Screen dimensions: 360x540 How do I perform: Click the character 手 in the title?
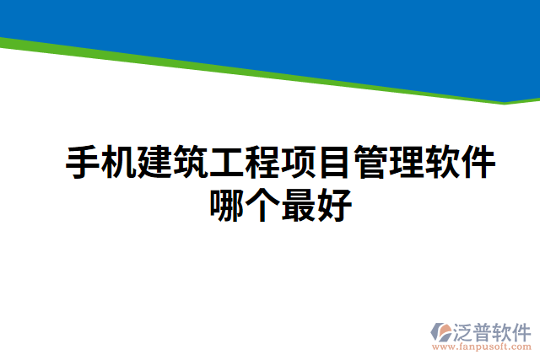pyautogui.click(x=83, y=163)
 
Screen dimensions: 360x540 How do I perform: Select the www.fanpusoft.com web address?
pyautogui.click(x=482, y=347)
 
